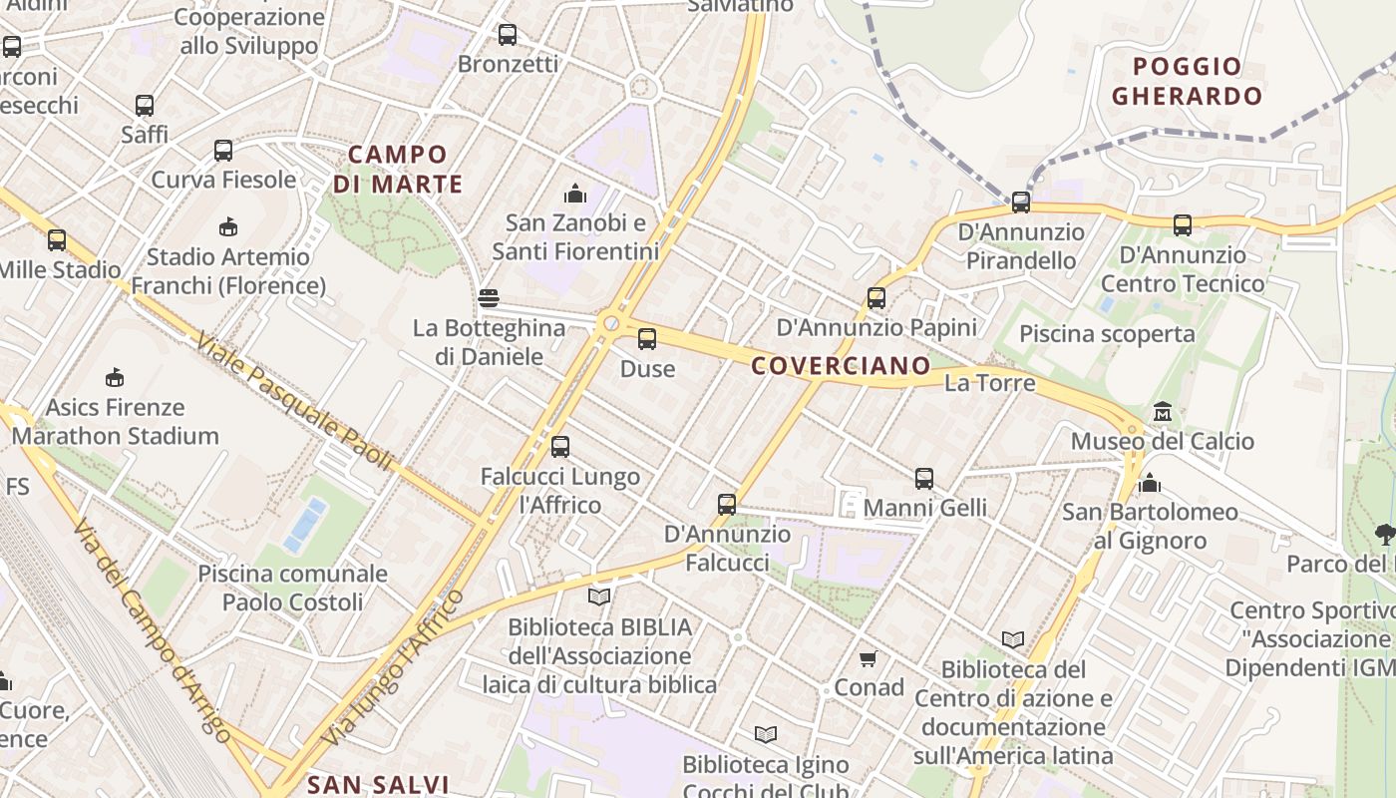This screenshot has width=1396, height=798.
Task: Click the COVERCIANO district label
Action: (840, 366)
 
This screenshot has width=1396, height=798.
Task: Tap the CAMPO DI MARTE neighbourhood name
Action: (398, 170)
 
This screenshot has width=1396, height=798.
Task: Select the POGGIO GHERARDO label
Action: (1187, 82)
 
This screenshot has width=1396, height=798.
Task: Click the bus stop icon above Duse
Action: (647, 339)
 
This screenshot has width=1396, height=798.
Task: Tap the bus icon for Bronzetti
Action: (508, 35)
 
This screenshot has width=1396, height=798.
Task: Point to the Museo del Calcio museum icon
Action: (1162, 411)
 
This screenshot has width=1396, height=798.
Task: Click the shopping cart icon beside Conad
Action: (868, 658)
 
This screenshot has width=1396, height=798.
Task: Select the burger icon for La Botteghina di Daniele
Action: (488, 297)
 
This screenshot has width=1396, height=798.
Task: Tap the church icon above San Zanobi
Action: (575, 193)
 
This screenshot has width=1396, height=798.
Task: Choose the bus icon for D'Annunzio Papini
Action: (876, 297)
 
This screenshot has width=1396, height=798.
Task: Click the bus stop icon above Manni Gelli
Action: (924, 479)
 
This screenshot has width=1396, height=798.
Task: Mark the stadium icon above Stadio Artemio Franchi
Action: (228, 226)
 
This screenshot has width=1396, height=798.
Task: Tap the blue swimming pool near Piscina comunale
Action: (305, 526)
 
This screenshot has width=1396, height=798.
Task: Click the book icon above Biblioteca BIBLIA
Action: (599, 597)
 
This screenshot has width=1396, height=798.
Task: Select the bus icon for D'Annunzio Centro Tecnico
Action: (1182, 225)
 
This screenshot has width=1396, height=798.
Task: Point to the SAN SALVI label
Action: (378, 784)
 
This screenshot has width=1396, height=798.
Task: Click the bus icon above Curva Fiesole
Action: (223, 151)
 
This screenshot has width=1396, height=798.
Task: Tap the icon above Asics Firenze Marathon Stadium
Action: (115, 377)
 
